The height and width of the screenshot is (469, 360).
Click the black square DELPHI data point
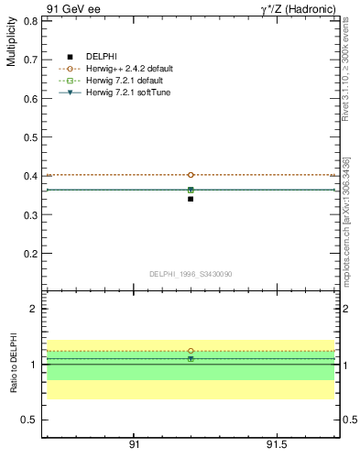191,199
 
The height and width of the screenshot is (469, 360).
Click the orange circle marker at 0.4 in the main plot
191,175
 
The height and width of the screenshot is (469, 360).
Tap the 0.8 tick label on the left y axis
29,20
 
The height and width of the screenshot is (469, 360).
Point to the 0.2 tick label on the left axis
29,254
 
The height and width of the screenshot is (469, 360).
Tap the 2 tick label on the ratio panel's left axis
34,310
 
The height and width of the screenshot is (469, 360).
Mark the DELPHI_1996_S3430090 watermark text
191,274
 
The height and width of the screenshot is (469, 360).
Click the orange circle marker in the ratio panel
191,351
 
